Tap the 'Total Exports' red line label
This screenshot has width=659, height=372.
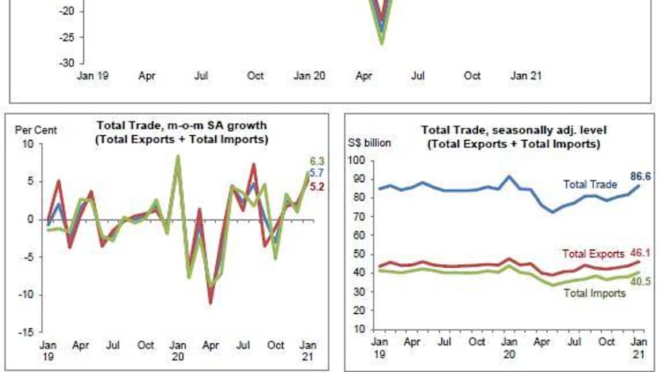591,254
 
